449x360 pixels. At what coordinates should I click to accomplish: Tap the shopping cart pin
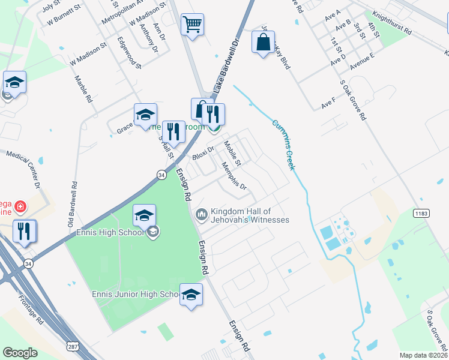pyautogui.click(x=192, y=25)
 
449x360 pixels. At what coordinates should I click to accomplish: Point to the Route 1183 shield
pyautogui.click(x=420, y=213)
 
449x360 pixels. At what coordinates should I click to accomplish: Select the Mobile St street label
pyautogui.click(x=232, y=153)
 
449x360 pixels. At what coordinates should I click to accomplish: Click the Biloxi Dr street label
pyautogui.click(x=203, y=154)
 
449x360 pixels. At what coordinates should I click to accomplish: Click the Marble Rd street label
pyautogui.click(x=83, y=88)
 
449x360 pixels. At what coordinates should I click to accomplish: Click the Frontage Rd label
pyautogui.click(x=31, y=310)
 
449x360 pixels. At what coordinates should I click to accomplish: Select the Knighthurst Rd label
pyautogui.click(x=391, y=23)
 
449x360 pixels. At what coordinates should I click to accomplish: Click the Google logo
pyautogui.click(x=20, y=353)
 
